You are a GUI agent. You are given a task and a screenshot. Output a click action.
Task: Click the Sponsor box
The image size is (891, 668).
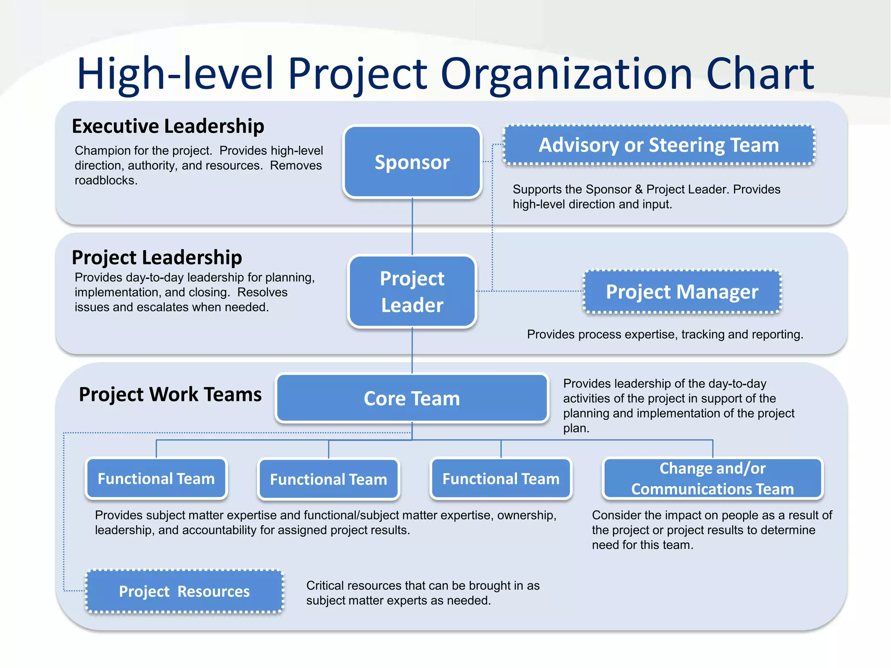click(412, 162)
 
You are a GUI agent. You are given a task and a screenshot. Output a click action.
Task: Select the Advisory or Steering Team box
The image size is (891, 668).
click(659, 145)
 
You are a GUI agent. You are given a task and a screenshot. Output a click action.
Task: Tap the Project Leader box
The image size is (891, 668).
click(412, 291)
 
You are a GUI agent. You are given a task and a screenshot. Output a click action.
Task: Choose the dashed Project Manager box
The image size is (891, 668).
click(682, 291)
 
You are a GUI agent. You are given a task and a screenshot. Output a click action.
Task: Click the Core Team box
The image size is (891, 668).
click(412, 398)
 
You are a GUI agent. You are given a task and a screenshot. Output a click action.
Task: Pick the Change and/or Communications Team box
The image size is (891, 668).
click(712, 478)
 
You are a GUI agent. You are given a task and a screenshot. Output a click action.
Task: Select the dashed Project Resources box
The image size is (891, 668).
click(184, 591)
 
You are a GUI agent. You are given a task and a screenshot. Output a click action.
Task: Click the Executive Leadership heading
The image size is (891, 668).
click(168, 126)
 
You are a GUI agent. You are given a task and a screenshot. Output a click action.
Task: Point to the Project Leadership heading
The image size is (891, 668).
click(157, 257)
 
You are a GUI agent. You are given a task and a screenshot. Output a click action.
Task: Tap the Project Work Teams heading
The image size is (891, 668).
click(170, 394)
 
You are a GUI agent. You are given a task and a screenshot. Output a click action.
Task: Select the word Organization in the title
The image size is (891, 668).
click(566, 74)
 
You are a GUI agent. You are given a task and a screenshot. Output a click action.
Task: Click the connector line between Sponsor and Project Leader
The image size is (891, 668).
click(412, 226)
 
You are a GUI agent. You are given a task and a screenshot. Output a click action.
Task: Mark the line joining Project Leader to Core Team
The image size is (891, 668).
click(412, 351)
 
